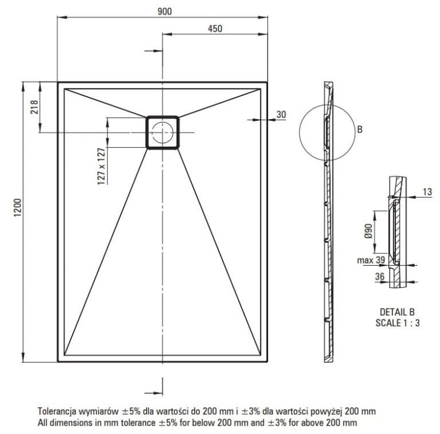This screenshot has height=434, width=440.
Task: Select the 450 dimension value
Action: point(215,30)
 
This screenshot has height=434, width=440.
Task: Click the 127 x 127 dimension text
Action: point(101,167)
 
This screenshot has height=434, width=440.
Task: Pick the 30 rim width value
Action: point(281,114)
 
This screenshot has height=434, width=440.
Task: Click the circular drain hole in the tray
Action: point(162,131)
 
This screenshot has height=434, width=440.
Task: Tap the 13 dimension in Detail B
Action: point(426,191)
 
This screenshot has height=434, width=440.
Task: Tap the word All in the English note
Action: point(43,422)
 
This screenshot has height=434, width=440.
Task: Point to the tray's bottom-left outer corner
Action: point(57,362)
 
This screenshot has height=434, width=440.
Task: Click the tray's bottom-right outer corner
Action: point(268,362)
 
